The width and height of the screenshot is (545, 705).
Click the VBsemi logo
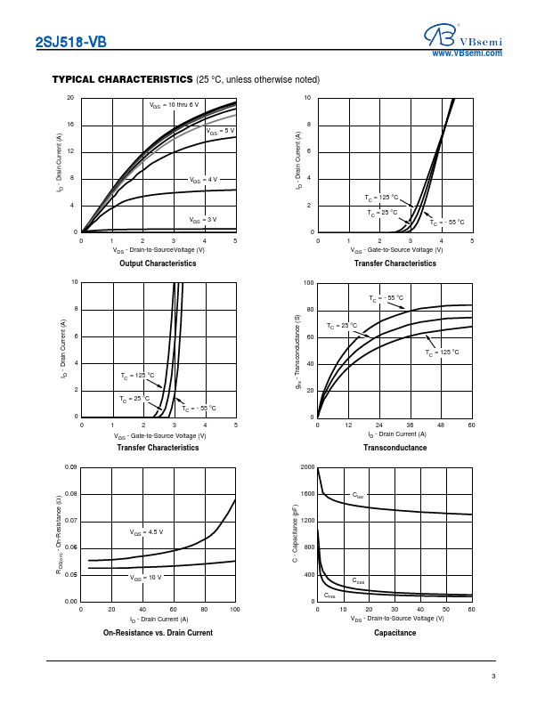point(463,35)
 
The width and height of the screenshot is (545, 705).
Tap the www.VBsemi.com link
point(467,54)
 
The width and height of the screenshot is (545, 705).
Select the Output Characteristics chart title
point(158,263)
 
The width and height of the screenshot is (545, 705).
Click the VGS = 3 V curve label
point(202,219)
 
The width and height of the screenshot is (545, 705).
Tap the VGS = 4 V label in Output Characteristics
point(203,180)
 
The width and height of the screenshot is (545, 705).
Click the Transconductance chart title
point(395,448)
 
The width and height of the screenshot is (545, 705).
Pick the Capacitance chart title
point(395,633)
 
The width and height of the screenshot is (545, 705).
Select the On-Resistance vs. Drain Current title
point(158,633)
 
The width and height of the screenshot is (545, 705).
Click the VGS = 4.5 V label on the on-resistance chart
point(147,533)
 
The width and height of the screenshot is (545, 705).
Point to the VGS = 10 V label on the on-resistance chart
point(145,578)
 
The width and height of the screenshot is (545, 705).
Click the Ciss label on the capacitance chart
point(358,495)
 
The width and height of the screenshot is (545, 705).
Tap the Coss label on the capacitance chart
point(358,580)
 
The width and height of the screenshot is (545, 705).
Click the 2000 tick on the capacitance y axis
point(307,467)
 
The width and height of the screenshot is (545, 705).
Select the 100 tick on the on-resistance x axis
point(235,609)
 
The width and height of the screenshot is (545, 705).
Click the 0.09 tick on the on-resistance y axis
point(71,467)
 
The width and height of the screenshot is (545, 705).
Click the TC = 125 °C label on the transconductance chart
point(442,352)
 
